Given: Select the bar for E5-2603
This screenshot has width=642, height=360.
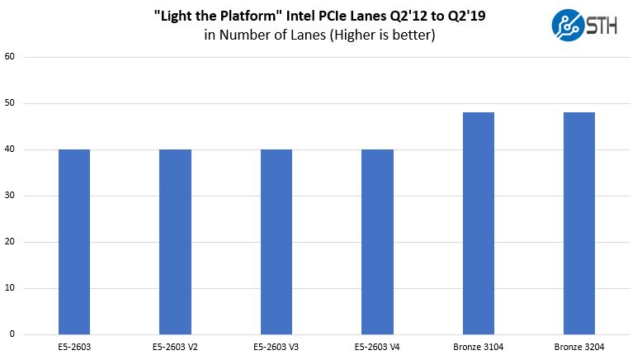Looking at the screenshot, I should pos(74,241).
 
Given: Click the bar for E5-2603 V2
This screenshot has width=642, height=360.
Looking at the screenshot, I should pos(175,241).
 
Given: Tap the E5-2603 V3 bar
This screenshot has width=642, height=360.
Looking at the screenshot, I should pos(276,241).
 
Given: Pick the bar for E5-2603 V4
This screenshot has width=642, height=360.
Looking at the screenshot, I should pos(377,241).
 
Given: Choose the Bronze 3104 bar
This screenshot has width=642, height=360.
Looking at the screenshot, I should pos(479,223).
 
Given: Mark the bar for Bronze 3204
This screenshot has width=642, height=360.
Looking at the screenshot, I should pos(579,223).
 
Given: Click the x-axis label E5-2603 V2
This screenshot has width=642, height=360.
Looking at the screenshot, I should pos(175,348).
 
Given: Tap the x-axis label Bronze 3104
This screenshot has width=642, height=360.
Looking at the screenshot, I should pos(479,348).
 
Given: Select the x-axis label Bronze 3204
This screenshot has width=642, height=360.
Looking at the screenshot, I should pos(579,348).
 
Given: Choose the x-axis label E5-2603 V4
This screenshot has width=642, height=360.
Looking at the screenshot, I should pos(377,348).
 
